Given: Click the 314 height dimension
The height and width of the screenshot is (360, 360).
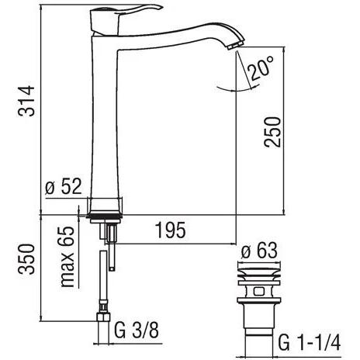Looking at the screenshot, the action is [x=26, y=101].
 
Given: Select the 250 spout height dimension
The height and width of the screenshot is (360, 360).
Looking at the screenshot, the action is [x=272, y=132].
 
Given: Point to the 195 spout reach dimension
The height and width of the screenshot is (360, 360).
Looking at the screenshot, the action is [x=171, y=230].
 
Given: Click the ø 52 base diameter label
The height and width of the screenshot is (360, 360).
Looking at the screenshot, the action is [x=64, y=186].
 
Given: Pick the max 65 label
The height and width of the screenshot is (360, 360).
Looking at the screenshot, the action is [x=67, y=257].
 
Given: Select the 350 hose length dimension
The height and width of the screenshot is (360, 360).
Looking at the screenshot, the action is [x=26, y=259].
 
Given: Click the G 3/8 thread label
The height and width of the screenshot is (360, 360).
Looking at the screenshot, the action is [x=137, y=330].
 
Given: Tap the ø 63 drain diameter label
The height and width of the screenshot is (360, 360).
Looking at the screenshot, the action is [x=259, y=250].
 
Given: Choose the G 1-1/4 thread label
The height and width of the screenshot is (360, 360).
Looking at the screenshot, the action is [x=310, y=342].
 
